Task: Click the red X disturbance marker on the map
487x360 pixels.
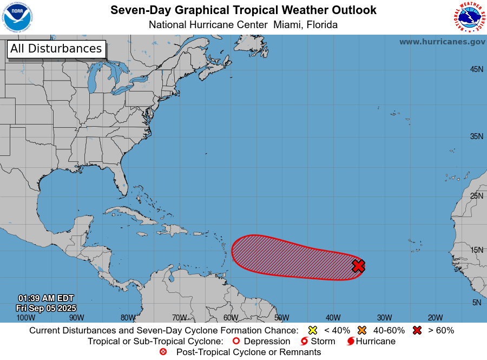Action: [x=358, y=266]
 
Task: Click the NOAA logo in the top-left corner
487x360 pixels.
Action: [x=17, y=17]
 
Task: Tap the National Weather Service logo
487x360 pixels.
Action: [x=469, y=17]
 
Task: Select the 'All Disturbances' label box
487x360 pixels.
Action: [x=56, y=49]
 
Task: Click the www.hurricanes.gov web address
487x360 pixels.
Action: [x=442, y=42]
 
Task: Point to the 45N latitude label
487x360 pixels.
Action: [x=476, y=69]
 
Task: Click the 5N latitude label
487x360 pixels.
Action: [x=476, y=303]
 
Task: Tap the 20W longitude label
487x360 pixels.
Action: [x=435, y=318]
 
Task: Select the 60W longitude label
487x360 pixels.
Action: [x=230, y=318]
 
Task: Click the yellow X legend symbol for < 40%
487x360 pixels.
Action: [x=312, y=330]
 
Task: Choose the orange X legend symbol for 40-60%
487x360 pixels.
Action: [x=362, y=330]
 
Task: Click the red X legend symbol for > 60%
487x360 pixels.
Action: [x=417, y=330]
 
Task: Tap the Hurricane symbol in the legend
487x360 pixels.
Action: [x=351, y=342]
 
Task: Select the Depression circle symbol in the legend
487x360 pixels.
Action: [x=235, y=342]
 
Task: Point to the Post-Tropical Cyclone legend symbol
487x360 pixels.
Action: [x=163, y=352]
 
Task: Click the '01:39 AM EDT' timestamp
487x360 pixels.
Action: [x=46, y=298]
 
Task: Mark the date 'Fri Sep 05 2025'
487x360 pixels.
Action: [x=46, y=307]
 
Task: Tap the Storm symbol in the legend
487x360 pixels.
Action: [x=304, y=342]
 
